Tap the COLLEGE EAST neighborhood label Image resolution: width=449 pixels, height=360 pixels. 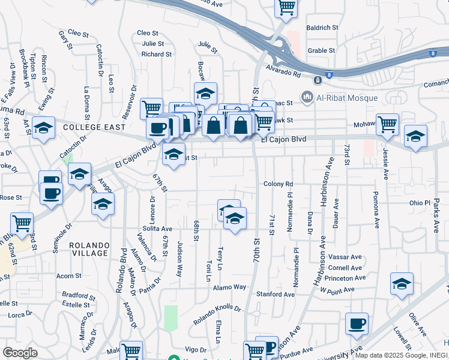(x=94, y=127)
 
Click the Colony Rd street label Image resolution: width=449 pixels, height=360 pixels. (x=278, y=184)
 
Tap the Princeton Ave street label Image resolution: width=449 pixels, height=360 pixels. (x=345, y=278)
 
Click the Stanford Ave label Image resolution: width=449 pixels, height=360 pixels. (x=276, y=295)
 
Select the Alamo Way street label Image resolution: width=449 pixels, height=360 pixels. (x=229, y=287)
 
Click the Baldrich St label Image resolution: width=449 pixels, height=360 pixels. (x=322, y=28)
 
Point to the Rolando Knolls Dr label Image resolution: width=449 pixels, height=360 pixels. (x=217, y=316)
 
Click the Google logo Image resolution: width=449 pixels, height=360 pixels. (x=19, y=352)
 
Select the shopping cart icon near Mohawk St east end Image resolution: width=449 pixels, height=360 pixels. (x=388, y=125)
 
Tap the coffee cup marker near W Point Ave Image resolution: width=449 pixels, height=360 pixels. (x=357, y=324)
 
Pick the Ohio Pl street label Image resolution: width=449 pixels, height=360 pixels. (x=416, y=203)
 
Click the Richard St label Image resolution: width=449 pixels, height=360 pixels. (x=157, y=54)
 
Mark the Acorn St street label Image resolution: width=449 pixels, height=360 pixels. (x=68, y=276)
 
